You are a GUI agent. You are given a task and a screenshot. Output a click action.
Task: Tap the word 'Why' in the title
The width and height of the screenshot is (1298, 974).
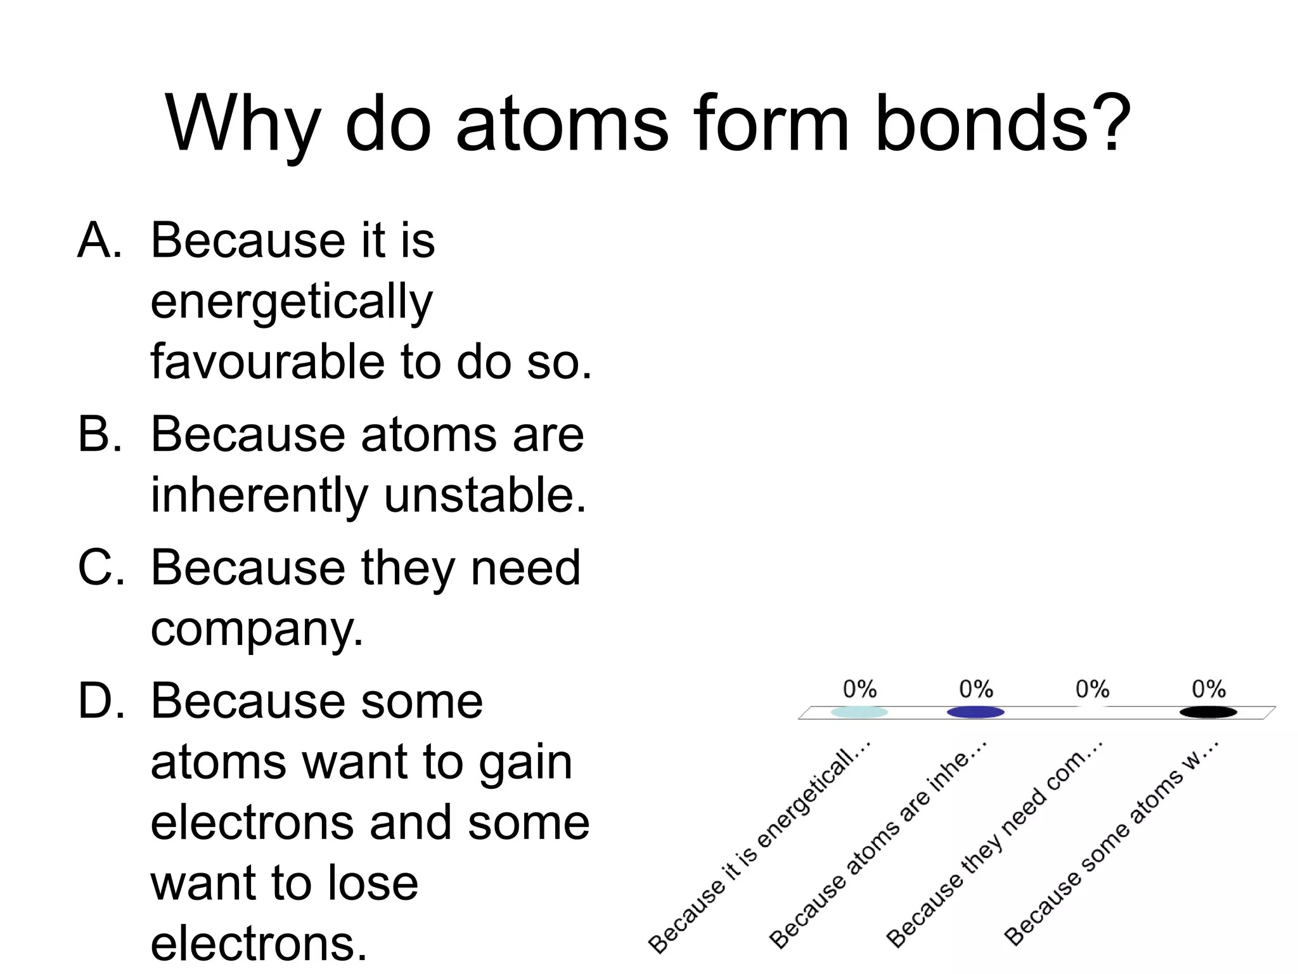pyautogui.click(x=242, y=124)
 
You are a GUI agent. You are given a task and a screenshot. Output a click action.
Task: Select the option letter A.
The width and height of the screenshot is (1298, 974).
pyautogui.click(x=99, y=241)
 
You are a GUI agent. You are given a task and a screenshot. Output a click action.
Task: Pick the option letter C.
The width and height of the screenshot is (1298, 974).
pyautogui.click(x=100, y=568)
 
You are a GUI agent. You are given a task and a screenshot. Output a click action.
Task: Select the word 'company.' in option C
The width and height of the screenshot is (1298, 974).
pyautogui.click(x=257, y=630)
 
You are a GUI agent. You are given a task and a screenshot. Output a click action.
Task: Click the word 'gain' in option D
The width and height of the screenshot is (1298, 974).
pyautogui.click(x=525, y=762)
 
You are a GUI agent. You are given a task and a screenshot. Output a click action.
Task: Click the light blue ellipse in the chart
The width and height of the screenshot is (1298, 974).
pyautogui.click(x=859, y=712)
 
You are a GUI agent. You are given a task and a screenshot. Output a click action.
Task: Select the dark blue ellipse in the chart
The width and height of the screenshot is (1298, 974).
pyautogui.click(x=975, y=712)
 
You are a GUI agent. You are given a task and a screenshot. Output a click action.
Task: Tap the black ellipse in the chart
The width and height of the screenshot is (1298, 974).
pyautogui.click(x=1208, y=712)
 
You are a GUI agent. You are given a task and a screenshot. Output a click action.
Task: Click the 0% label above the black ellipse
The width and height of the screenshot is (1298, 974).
pyautogui.click(x=1208, y=689)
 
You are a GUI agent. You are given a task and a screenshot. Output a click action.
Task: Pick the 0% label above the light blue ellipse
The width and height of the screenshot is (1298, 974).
pyautogui.click(x=859, y=689)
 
